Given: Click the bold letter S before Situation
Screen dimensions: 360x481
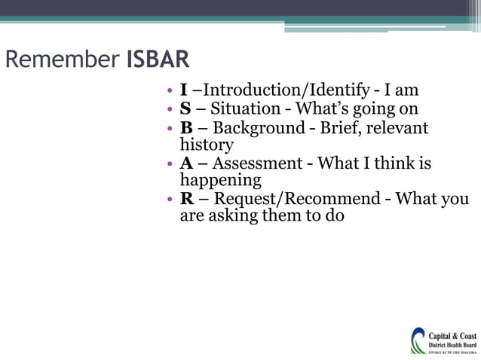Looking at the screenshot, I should tap(185, 110).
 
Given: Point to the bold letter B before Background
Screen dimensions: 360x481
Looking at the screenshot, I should tap(185, 128).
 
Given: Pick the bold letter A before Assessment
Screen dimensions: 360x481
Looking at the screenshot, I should tap(186, 163).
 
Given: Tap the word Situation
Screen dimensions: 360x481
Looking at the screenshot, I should tap(243, 110).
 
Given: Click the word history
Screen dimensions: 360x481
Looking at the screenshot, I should tap(206, 145).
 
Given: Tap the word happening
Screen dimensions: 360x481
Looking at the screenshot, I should tap(219, 181).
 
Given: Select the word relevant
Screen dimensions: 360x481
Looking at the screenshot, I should tap(398, 128).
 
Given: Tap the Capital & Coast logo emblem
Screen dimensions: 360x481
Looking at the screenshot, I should tap(418, 340).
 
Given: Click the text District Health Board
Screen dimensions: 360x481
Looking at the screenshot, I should tap(452, 344).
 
